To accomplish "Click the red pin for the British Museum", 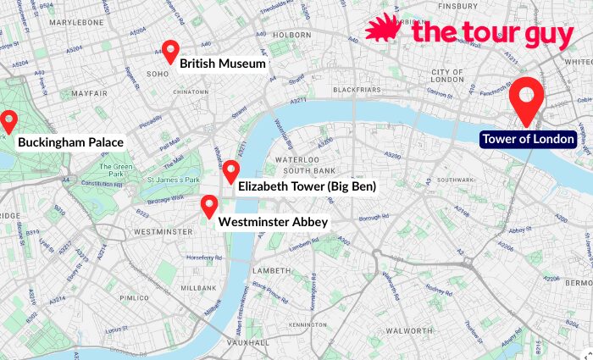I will (x=169, y=51).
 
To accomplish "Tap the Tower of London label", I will (x=529, y=139).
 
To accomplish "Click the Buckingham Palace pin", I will (x=8, y=121).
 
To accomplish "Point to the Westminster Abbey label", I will (x=273, y=222).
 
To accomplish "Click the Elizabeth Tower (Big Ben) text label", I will (x=306, y=186).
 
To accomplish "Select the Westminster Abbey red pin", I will (x=208, y=205).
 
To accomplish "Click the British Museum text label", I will (x=223, y=64).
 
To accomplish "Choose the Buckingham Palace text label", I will (x=70, y=142).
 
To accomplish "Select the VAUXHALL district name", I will (x=247, y=342).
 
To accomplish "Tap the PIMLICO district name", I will (x=133, y=298).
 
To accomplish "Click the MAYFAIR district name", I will (x=90, y=92).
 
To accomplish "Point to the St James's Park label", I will (x=173, y=180).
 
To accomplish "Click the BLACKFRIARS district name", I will (x=357, y=89).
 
